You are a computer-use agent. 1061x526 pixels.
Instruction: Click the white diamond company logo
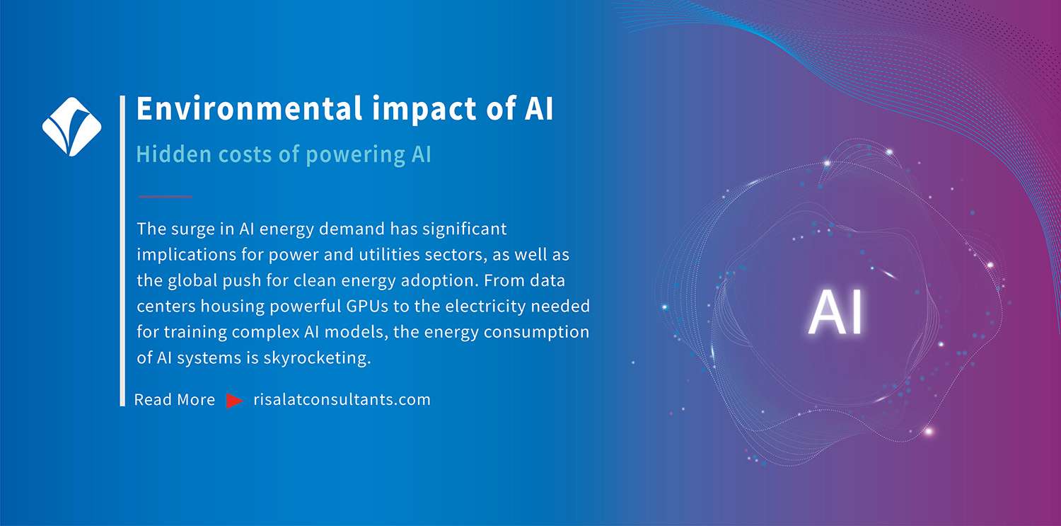[x=71, y=127]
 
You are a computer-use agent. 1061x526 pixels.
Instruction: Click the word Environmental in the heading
[x=249, y=108]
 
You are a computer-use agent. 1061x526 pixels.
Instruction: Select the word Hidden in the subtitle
[x=173, y=154]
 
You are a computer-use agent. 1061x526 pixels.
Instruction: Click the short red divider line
[x=166, y=196]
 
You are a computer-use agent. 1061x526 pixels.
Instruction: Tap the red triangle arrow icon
[x=234, y=401]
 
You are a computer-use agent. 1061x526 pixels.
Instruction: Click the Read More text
[x=175, y=399]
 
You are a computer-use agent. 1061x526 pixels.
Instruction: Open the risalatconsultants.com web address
[x=342, y=399]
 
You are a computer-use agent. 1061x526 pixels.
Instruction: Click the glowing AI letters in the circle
[x=835, y=312]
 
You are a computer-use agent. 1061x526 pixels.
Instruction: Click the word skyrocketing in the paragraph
[x=317, y=358]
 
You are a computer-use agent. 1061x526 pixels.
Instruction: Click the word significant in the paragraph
[x=464, y=230]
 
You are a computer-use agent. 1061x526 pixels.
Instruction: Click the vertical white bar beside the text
[x=122, y=251]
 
